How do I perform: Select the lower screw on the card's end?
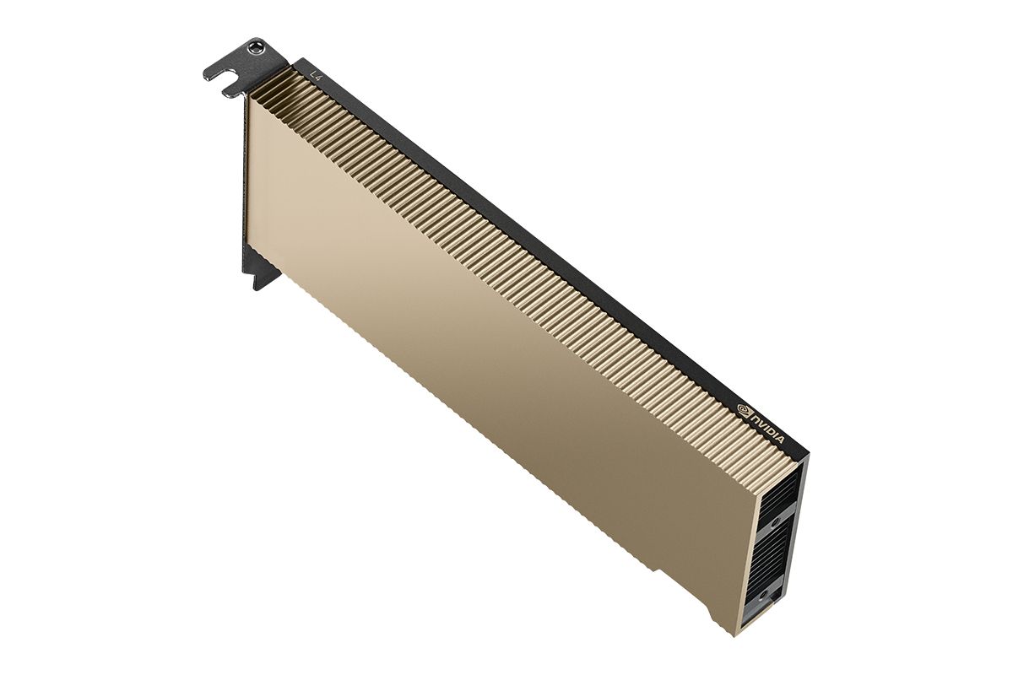pyautogui.click(x=764, y=595)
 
